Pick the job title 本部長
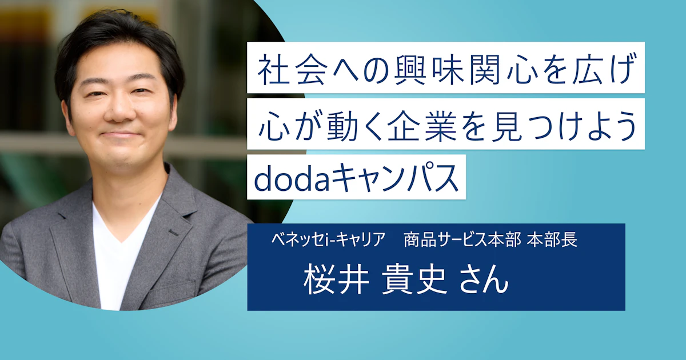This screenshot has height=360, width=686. (552, 240)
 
